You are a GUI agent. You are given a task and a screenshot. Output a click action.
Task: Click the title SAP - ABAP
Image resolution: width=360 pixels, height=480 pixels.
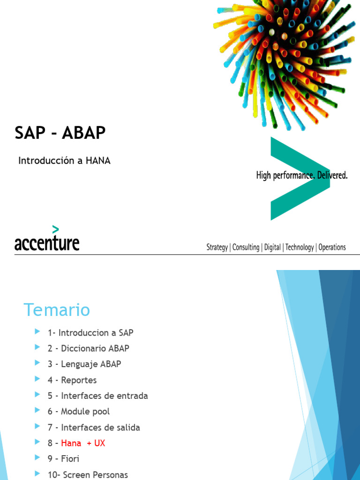pos(60,134)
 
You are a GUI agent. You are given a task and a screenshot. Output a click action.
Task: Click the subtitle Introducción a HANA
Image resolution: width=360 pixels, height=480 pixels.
pos(64,161)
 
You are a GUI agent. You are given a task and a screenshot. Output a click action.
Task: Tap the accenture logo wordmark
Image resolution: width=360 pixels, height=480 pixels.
pos(47,243)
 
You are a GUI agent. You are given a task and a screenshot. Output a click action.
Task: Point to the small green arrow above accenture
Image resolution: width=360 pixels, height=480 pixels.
pos(56,229)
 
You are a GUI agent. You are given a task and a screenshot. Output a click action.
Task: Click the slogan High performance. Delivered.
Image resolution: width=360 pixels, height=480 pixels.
pos(302,176)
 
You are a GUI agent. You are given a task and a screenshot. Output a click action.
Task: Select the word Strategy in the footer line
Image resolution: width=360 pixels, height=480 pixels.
pos(217,247)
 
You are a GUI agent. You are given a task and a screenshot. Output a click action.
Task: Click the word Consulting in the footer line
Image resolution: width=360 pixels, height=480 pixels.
pos(246,247)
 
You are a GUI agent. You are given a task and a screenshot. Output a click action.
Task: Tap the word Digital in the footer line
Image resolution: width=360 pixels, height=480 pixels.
pos(272,247)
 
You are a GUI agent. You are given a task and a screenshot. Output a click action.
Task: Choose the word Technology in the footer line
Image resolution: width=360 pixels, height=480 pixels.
pos(300,247)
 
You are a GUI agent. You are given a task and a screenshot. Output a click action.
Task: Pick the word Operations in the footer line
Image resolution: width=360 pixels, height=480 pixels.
pos(332,247)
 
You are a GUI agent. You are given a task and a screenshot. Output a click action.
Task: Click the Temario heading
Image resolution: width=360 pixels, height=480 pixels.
pos(57,310)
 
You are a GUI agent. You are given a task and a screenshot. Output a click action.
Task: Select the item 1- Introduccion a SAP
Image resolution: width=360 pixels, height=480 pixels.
pos(90,333)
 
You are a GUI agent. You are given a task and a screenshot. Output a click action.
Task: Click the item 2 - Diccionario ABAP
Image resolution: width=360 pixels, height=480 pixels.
pos(88,348)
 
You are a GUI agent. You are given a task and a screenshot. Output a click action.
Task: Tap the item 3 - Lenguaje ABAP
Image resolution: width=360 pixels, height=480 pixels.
pos(84,364)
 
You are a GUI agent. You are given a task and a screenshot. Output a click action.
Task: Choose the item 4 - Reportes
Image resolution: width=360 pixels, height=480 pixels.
pos(72,380)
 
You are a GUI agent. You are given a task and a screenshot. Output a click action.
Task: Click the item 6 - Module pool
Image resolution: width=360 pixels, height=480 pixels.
pos(78,412)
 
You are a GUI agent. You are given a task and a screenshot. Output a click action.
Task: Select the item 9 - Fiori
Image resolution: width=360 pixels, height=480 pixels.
pos(63,459)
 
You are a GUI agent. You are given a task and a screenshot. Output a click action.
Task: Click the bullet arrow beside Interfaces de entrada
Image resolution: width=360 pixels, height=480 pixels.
pos(37,395)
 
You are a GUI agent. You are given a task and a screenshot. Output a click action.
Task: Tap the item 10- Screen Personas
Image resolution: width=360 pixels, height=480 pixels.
pos(88,475)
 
